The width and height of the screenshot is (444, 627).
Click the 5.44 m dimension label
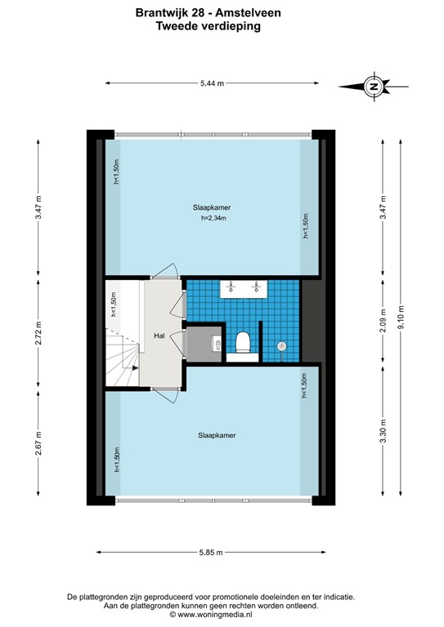click(x=212, y=83)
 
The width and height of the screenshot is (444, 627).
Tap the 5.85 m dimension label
click(x=211, y=553)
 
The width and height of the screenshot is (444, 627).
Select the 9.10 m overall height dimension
click(x=401, y=317)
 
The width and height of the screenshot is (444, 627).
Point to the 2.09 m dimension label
click(x=383, y=321)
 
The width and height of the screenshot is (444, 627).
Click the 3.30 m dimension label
click(x=383, y=431)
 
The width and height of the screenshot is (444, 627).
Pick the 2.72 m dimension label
click(x=38, y=333)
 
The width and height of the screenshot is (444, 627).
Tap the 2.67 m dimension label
click(x=38, y=443)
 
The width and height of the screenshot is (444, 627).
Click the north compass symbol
click(x=374, y=87)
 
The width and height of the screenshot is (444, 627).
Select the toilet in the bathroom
click(x=243, y=342)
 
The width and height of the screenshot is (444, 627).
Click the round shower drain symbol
click(x=282, y=346)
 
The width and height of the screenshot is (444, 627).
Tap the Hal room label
click(x=159, y=336)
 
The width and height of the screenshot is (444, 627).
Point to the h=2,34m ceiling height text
click(x=213, y=218)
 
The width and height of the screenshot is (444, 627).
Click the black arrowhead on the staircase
click(x=135, y=367)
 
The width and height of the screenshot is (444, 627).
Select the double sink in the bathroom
click(x=244, y=289)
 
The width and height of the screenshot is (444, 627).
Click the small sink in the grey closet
click(x=217, y=343)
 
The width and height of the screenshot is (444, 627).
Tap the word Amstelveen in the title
click(x=249, y=13)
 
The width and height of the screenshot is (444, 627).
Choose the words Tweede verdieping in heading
click(x=209, y=26)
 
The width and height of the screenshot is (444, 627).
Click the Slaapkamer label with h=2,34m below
click(x=212, y=208)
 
